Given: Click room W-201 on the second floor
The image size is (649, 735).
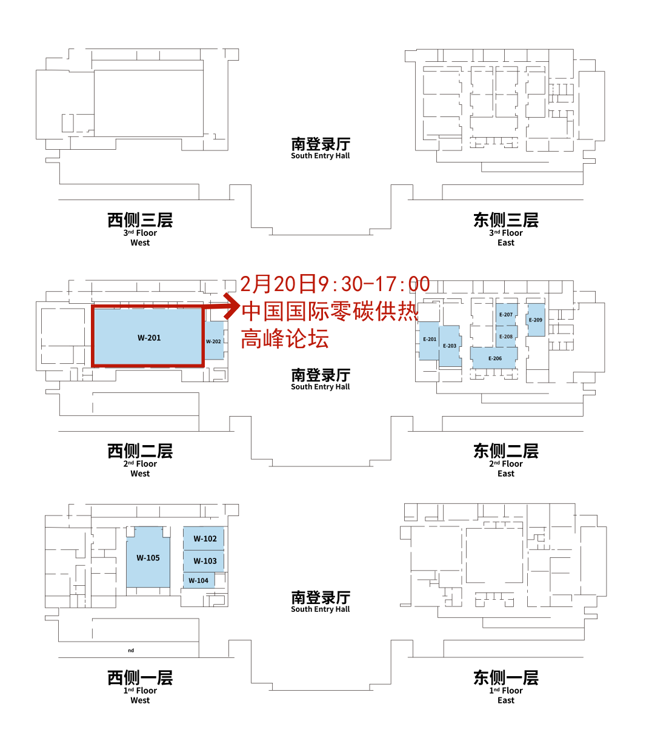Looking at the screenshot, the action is point(148,337).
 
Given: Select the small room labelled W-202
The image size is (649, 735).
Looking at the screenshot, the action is point(214,340).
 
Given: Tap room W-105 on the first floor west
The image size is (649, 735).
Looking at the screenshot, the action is point(148,558).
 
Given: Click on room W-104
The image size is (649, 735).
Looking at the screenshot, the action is point(199,580).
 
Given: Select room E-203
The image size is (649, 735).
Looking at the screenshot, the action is point(450,346).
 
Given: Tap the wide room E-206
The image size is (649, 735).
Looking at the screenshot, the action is point(494,358).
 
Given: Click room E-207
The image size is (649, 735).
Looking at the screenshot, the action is point(506,315).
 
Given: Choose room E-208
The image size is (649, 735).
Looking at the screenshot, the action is point(506,337).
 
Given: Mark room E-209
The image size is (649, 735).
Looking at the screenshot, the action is point(536,320).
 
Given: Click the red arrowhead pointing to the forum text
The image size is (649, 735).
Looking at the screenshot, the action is point(232,306).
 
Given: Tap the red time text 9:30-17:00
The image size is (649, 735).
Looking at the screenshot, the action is point(374,284).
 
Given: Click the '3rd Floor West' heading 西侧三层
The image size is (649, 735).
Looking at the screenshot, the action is point(140,220).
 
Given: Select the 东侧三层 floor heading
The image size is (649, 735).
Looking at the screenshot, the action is point(506,220).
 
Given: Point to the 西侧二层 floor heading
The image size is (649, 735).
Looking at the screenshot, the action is point(140,451).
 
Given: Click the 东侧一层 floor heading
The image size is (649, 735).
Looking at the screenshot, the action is point(506,677).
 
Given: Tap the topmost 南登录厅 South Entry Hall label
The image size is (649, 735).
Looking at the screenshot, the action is point(321,148).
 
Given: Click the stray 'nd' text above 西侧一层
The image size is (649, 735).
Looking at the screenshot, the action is point(131,651).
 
